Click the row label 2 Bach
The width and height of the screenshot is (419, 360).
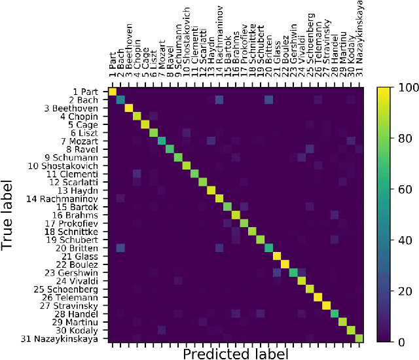[x=92, y=99]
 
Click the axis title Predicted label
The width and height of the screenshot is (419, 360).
[x=235, y=354]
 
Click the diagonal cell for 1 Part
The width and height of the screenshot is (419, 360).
[x=112, y=91]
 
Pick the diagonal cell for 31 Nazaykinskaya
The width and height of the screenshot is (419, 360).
[x=359, y=338]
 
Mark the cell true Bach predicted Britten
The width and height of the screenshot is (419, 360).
[x=268, y=99]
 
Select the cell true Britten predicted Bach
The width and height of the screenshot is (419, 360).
[x=120, y=247]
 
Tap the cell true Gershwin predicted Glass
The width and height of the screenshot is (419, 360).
[x=276, y=272]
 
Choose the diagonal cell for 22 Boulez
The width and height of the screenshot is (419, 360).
[x=285, y=264]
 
